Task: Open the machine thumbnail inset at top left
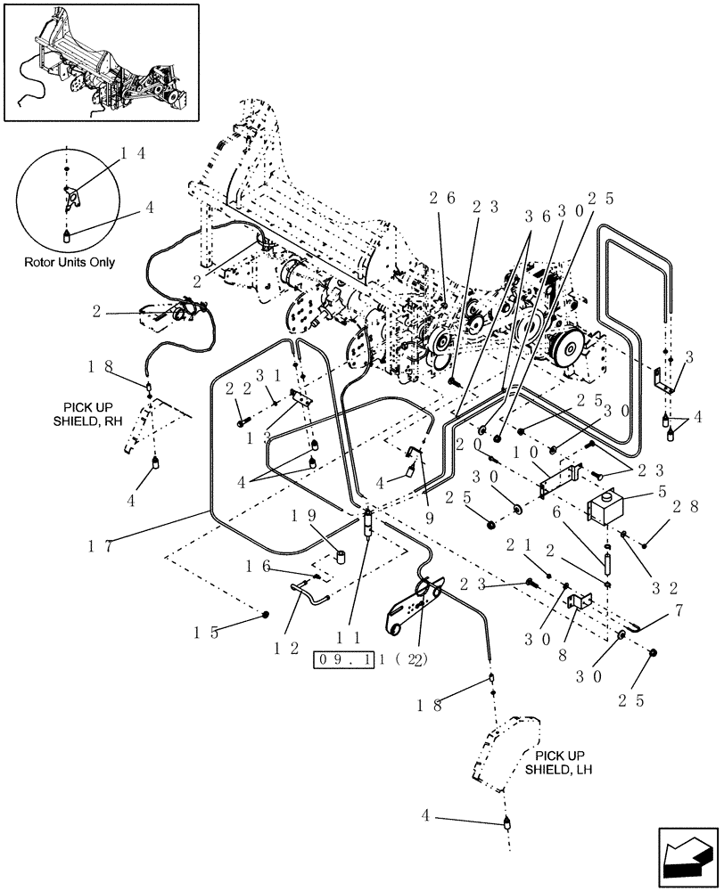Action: (x=99, y=60)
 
